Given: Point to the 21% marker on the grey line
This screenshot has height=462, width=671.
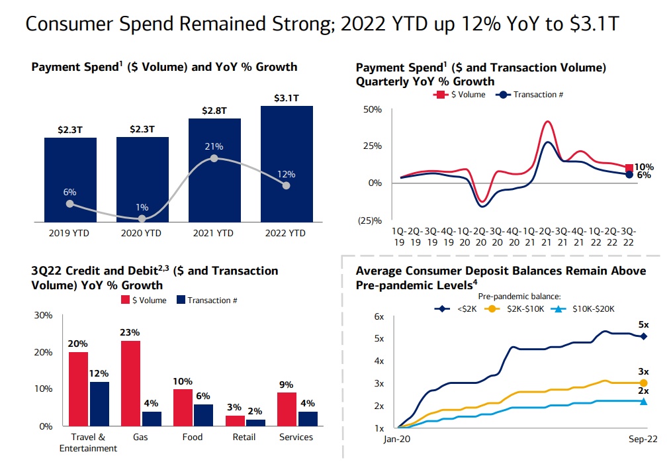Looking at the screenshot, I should point(214,158).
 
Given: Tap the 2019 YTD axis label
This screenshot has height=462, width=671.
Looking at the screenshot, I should point(70,232).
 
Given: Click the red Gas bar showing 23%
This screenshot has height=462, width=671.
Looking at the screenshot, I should point(130,383).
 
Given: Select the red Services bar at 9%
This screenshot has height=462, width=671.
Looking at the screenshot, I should point(287,409).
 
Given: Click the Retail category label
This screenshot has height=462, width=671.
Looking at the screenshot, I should point(245,437).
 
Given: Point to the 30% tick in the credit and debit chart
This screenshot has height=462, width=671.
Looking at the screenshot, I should point(43,315).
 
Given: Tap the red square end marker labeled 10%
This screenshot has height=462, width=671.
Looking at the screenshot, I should point(629,168).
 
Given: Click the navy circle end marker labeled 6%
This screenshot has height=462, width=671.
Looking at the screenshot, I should point(629,175).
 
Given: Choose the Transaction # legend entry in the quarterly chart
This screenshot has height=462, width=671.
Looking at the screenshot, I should point(532,95).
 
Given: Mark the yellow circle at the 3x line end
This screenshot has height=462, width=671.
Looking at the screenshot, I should point(643,383).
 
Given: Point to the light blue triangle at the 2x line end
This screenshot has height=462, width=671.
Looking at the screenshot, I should point(643,401).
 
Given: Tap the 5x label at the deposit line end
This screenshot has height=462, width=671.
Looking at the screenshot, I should point(643,325).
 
